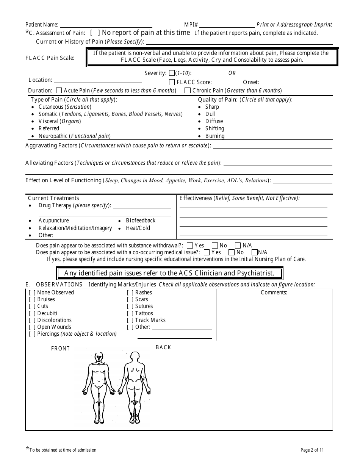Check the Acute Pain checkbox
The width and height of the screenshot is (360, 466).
pyautogui.click(x=59, y=91)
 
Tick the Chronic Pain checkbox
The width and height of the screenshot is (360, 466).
pyautogui.click(x=187, y=91)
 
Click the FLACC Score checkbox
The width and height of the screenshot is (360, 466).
pyautogui.click(x=172, y=82)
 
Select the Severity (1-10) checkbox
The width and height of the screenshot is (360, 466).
pyautogui.click(x=172, y=73)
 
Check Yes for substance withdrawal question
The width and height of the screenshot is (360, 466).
pyautogui.click(x=190, y=246)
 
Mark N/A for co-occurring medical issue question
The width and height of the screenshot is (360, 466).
pyautogui.click(x=255, y=252)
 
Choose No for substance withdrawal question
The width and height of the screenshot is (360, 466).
pyautogui.click(x=214, y=246)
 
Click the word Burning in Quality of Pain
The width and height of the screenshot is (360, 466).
pyautogui.click(x=215, y=136)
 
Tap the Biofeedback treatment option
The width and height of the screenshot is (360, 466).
pyautogui.click(x=141, y=220)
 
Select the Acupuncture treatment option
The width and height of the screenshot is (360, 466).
pyautogui.click(x=53, y=220)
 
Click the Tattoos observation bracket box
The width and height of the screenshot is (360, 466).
pyautogui.click(x=130, y=313)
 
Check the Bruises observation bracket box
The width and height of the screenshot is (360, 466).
pyautogui.click(x=32, y=299)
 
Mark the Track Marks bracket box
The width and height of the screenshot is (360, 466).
pyautogui.click(x=130, y=320)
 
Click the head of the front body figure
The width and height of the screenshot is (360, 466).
pyautogui.click(x=99, y=357)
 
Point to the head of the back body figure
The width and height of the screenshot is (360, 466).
pyautogui.click(x=134, y=357)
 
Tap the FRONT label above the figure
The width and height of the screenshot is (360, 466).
pyautogui.click(x=61, y=349)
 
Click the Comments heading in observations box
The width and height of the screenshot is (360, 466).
pyautogui.click(x=274, y=292)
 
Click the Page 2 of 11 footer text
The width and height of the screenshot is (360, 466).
pyautogui.click(x=312, y=450)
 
